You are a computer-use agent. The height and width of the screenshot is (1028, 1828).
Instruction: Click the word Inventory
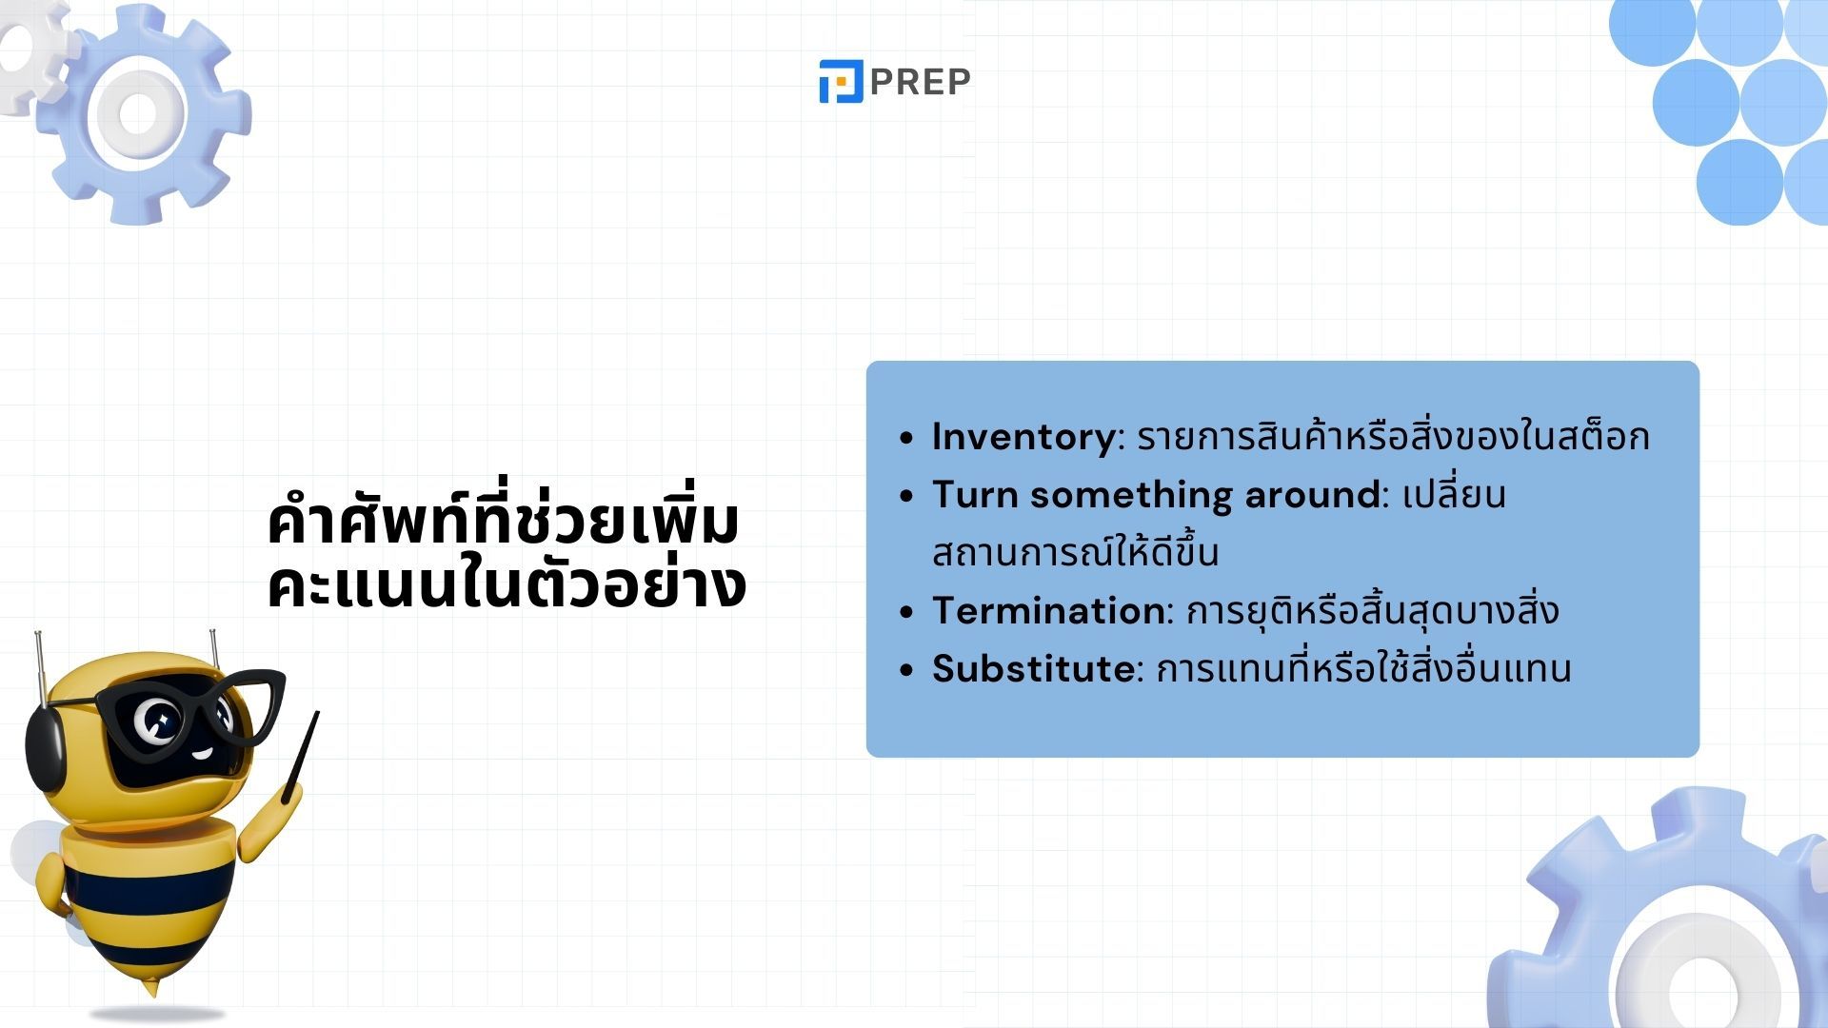(1023, 437)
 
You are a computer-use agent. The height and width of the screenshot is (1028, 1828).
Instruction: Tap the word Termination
(1048, 611)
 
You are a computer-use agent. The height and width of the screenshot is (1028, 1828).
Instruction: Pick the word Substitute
(1033, 669)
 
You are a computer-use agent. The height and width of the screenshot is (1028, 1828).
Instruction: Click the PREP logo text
(920, 82)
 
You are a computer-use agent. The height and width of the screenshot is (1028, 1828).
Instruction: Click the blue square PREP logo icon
(841, 81)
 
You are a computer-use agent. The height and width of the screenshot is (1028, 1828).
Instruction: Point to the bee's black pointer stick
(300, 757)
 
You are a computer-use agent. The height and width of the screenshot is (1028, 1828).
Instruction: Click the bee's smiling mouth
(202, 754)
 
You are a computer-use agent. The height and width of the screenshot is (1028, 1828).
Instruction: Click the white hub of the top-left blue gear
(138, 113)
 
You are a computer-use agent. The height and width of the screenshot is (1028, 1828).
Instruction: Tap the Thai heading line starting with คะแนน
(507, 584)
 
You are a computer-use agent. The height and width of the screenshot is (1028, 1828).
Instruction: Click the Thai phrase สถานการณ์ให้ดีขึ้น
(1075, 553)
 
